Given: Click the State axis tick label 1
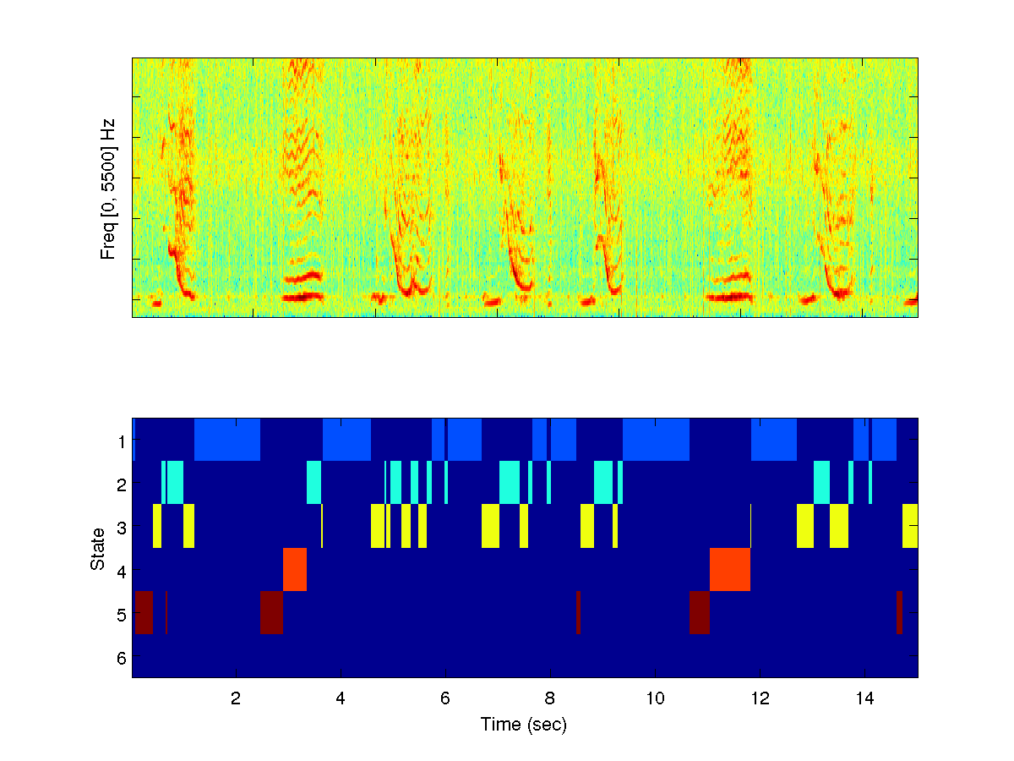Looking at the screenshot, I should [122, 441].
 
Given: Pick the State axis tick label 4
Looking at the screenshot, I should [122, 571].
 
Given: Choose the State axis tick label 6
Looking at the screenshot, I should [122, 657].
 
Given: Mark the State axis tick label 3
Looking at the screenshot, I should [122, 528].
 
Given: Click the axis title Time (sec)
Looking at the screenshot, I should [524, 725].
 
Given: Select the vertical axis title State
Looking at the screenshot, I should [98, 548].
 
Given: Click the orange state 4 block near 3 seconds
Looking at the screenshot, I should [295, 569].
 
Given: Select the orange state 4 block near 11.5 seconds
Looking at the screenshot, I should [730, 569].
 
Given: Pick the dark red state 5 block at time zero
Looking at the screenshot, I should [144, 612].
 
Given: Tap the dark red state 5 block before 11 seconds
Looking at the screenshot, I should [699, 612].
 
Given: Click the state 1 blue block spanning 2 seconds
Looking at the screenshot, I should [227, 440].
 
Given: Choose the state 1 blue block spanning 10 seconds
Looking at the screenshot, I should [656, 440].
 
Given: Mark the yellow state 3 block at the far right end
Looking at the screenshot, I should [910, 525].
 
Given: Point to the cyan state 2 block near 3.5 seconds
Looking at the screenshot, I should [313, 482].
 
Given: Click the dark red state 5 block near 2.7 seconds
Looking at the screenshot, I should [271, 612].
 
